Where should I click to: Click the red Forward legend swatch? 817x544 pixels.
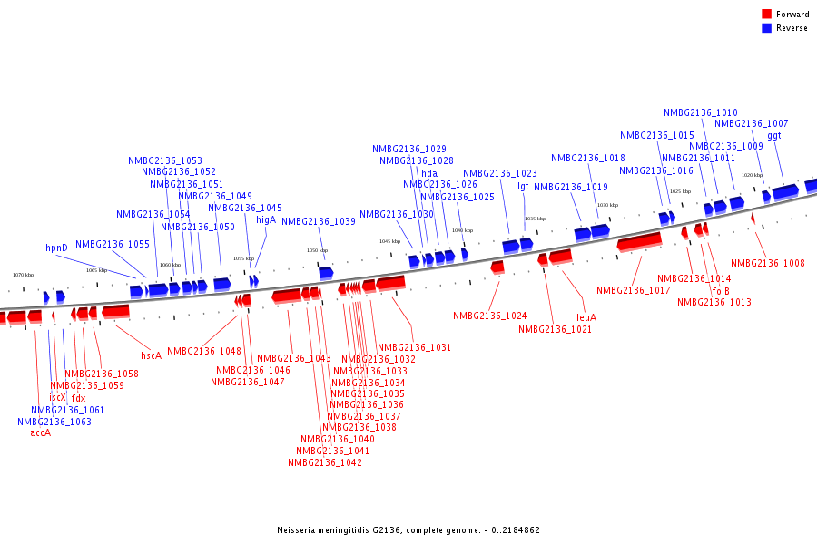point(767,15)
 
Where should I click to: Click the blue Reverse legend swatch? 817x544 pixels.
point(767,28)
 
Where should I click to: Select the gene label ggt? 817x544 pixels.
point(773,136)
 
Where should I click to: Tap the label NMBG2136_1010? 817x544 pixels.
point(700,113)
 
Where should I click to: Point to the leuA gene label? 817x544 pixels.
point(586,317)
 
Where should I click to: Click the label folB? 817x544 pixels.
point(721,291)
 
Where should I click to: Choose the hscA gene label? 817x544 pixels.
point(151,355)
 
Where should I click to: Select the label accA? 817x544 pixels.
point(40,432)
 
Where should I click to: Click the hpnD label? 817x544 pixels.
point(57,248)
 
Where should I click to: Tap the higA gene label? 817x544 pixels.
point(266,219)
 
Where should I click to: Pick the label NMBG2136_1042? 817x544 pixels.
point(325,462)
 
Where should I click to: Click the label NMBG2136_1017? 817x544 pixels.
point(633,291)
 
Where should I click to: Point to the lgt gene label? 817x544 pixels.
point(523,186)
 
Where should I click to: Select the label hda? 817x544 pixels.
point(429,173)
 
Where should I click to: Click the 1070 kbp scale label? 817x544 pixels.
point(23,275)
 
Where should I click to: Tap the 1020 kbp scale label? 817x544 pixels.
point(752,175)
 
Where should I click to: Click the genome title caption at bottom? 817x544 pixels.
point(408,529)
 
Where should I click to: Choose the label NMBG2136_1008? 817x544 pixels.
point(767,264)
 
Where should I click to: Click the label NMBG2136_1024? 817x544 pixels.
point(489,316)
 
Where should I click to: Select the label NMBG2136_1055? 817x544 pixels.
point(113,244)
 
